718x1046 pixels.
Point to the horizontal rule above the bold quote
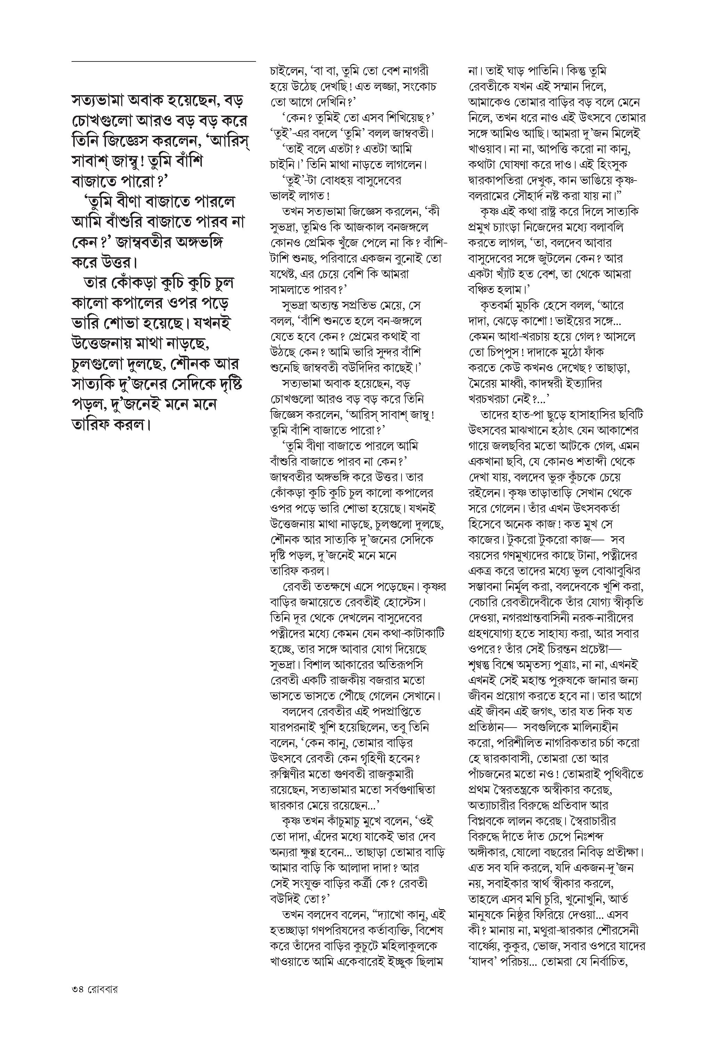[x=163, y=61]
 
